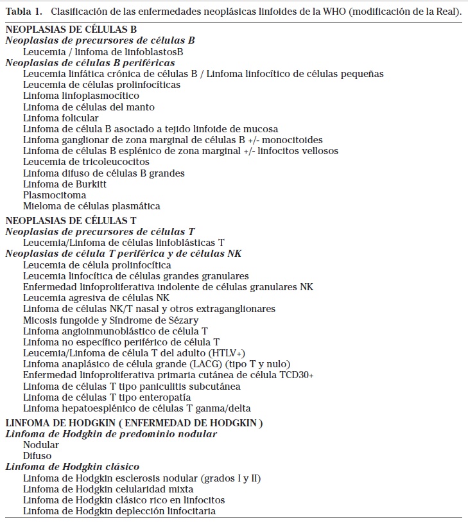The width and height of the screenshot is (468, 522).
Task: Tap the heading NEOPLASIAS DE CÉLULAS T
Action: (x=71, y=220)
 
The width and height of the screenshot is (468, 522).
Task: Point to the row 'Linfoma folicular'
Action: (x=61, y=118)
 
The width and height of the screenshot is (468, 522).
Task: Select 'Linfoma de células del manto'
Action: (x=89, y=107)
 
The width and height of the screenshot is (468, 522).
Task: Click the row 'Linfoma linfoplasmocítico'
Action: (x=81, y=96)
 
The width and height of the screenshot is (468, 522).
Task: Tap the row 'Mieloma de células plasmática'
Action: (x=92, y=206)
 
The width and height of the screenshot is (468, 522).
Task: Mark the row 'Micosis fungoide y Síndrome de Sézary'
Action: (x=111, y=320)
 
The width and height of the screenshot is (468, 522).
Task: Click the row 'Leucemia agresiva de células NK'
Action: (x=96, y=298)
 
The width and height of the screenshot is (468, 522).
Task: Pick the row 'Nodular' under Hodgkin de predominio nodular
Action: (x=41, y=445)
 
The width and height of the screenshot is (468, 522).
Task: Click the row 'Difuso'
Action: (x=37, y=456)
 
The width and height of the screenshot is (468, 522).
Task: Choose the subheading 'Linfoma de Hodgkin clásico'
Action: (x=73, y=467)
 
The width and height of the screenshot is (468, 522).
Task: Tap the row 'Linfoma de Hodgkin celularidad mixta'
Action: (x=108, y=489)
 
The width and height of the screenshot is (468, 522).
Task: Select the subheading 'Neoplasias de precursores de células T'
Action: (x=100, y=231)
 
